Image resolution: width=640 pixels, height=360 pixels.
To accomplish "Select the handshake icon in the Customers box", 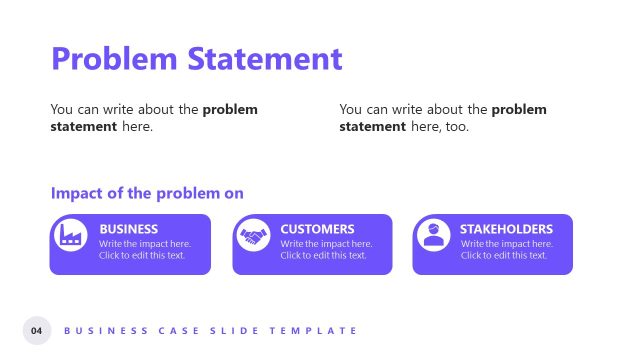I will pyautogui.click(x=252, y=236).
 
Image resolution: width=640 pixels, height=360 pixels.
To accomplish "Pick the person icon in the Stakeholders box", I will pyautogui.click(x=432, y=236).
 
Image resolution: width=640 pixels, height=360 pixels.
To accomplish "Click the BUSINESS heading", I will pyautogui.click(x=129, y=229).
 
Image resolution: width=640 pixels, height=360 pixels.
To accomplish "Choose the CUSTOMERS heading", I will pyautogui.click(x=317, y=229).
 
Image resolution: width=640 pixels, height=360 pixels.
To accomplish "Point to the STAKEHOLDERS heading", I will pyautogui.click(x=506, y=229).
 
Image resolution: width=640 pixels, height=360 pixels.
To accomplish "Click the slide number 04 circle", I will pyautogui.click(x=37, y=330).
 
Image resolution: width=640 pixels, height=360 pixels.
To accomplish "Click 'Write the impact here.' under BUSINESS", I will pyautogui.click(x=145, y=243).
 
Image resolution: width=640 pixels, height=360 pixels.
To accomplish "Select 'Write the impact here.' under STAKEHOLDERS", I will pyautogui.click(x=507, y=243).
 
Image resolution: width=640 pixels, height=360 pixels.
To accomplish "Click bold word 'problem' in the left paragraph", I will pyautogui.click(x=230, y=109).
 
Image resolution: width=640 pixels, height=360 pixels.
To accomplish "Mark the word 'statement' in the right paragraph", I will pyautogui.click(x=372, y=127).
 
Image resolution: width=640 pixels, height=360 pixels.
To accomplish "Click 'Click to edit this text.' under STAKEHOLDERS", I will pyautogui.click(x=504, y=255).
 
